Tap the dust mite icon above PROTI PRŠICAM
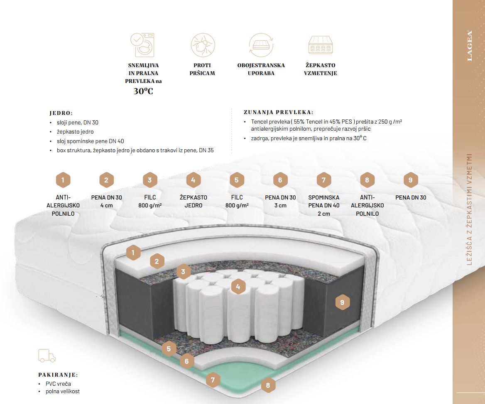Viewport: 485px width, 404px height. [x=203, y=45]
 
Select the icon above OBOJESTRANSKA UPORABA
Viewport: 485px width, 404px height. [x=261, y=45]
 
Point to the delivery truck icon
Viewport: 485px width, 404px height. [x=47, y=355]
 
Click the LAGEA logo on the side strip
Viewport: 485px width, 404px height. [x=470, y=46]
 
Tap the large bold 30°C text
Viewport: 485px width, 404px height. [x=143, y=91]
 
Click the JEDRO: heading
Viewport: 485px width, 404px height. [x=61, y=113]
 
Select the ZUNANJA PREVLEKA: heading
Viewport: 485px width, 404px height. [x=278, y=112]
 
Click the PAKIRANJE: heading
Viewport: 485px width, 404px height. [x=58, y=375]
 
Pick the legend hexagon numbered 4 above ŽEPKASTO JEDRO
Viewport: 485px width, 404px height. [x=194, y=180]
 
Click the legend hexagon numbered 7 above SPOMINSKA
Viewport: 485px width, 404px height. [x=324, y=180]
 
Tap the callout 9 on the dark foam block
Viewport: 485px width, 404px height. [x=342, y=302]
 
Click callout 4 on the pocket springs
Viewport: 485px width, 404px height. [x=238, y=286]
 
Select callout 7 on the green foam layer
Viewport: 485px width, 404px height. [x=213, y=379]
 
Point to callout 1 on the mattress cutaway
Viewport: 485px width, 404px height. [x=133, y=252]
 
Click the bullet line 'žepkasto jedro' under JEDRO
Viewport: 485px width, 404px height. [x=75, y=131]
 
